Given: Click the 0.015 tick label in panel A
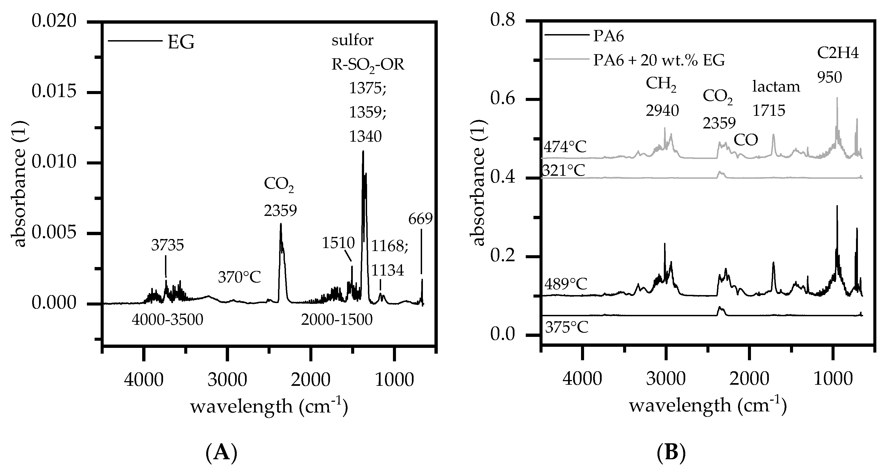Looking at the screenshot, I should coord(54,92).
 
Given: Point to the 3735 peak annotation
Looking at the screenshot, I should coord(167,245).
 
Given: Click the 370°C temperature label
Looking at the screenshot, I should coord(239,277).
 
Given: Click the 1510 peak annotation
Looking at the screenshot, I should coord(338,243).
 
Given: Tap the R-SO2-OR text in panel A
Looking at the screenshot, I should coord(368,65).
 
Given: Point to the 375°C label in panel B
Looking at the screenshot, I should coord(566,327).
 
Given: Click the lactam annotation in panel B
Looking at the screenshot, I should coord(776,86).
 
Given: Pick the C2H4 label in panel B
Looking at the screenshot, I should coord(838,54).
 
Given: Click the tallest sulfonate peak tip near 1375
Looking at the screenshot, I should coord(363,151).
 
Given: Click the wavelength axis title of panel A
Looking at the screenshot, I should coord(269,406).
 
